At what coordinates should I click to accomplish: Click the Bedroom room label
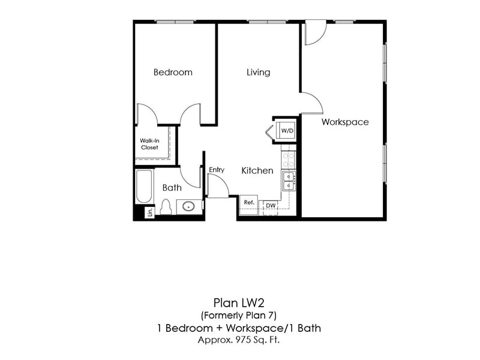pyautogui.click(x=173, y=72)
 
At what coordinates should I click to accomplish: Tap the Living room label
pyautogui.click(x=258, y=72)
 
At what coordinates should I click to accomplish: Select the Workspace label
pyautogui.click(x=345, y=122)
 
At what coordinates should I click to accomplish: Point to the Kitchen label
pyautogui.click(x=257, y=170)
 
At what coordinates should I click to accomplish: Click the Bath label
pyautogui.click(x=172, y=188)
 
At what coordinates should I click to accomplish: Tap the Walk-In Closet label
pyautogui.click(x=149, y=144)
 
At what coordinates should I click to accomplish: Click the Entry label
pyautogui.click(x=217, y=170)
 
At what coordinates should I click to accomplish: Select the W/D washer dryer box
pyautogui.click(x=287, y=130)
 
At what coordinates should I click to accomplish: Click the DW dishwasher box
pyautogui.click(x=271, y=206)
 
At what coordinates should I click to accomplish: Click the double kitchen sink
pyautogui.click(x=289, y=181)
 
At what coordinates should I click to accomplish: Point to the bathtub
pyautogui.click(x=144, y=187)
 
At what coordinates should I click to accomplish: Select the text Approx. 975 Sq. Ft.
pyautogui.click(x=240, y=340)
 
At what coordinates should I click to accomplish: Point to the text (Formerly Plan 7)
pyautogui.click(x=240, y=315)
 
